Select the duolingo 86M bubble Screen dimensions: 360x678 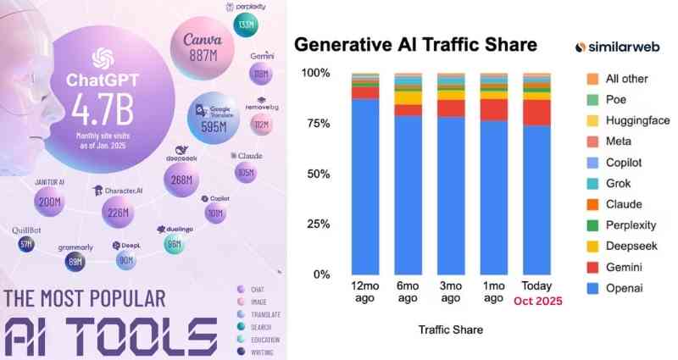(174, 244)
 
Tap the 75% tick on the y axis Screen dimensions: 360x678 (318, 123)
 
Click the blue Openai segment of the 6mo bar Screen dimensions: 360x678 (408, 195)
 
